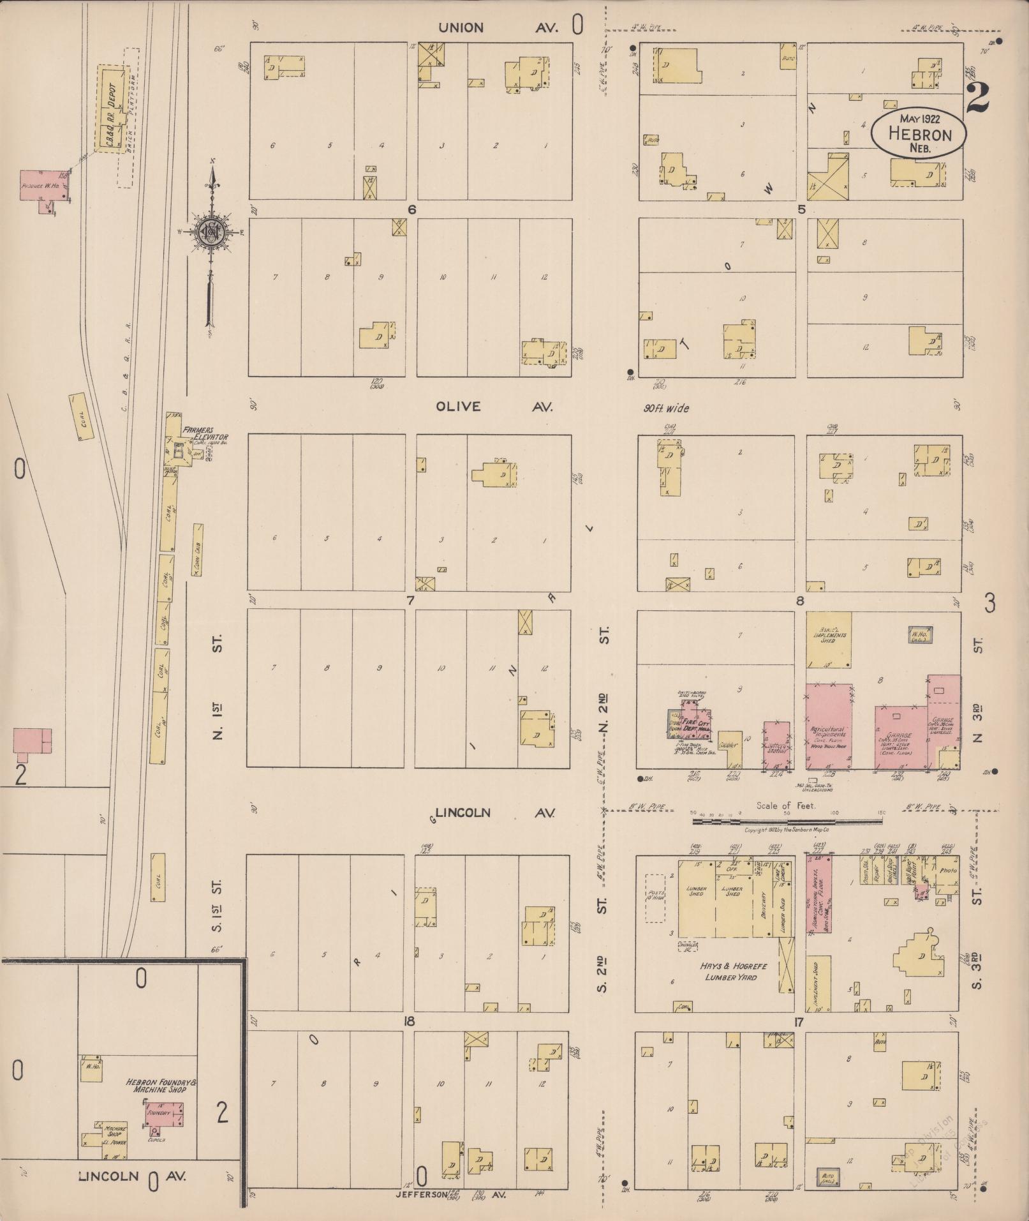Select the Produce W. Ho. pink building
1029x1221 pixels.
(44, 186)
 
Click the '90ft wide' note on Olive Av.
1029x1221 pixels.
(665, 408)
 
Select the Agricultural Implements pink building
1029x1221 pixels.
(829, 726)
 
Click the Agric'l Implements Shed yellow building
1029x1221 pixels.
(828, 640)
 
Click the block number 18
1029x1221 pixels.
(409, 1022)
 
